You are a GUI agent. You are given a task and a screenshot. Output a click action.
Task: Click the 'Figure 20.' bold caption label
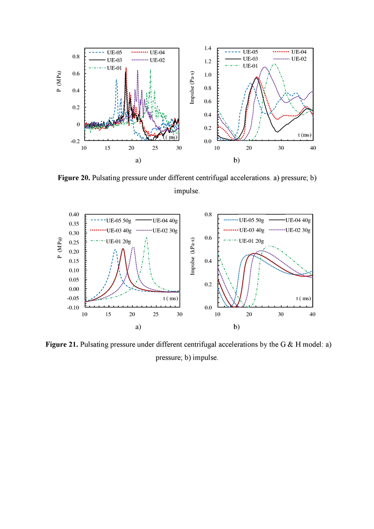click(x=74, y=178)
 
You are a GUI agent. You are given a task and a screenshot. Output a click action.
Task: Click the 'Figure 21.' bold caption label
click(x=62, y=345)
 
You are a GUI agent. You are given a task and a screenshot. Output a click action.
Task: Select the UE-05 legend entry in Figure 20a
click(x=105, y=53)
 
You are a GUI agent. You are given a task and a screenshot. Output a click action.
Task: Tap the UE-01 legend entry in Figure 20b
click(x=241, y=66)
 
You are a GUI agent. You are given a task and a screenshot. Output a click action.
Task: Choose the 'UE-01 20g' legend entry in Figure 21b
click(x=244, y=241)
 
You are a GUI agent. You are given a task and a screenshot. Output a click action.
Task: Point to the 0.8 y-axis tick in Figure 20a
click(x=76, y=56)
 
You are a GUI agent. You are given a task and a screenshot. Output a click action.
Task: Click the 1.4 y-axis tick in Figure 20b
click(x=208, y=48)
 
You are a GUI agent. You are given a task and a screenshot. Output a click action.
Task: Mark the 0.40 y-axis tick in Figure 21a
click(x=74, y=215)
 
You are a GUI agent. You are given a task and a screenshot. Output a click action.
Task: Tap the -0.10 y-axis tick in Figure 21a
click(x=73, y=308)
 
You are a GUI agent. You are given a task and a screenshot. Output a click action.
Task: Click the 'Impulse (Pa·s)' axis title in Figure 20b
click(x=192, y=88)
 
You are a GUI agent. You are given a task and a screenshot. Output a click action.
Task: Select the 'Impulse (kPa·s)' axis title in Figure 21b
click(x=192, y=256)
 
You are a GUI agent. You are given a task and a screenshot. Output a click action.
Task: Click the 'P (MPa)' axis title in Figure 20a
click(x=59, y=81)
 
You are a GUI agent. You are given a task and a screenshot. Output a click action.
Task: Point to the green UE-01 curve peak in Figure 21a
click(x=146, y=238)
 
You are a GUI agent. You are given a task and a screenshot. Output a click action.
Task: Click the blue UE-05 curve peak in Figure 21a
click(x=115, y=250)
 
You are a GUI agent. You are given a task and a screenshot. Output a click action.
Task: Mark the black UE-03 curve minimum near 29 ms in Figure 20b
click(x=277, y=132)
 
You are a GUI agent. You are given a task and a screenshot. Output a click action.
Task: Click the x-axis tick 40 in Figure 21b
click(x=313, y=314)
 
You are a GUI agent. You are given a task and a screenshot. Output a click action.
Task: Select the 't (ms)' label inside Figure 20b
click(x=305, y=135)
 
